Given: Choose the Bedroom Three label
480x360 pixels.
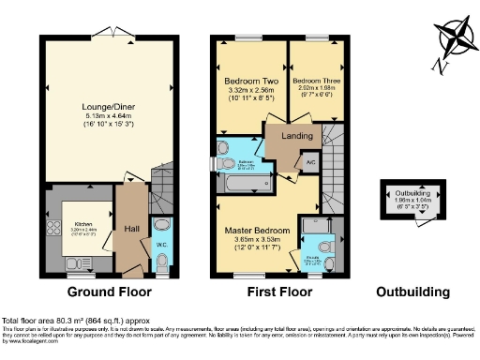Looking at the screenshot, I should (315, 81).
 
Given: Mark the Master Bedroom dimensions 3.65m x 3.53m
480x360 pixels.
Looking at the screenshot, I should (256, 240).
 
